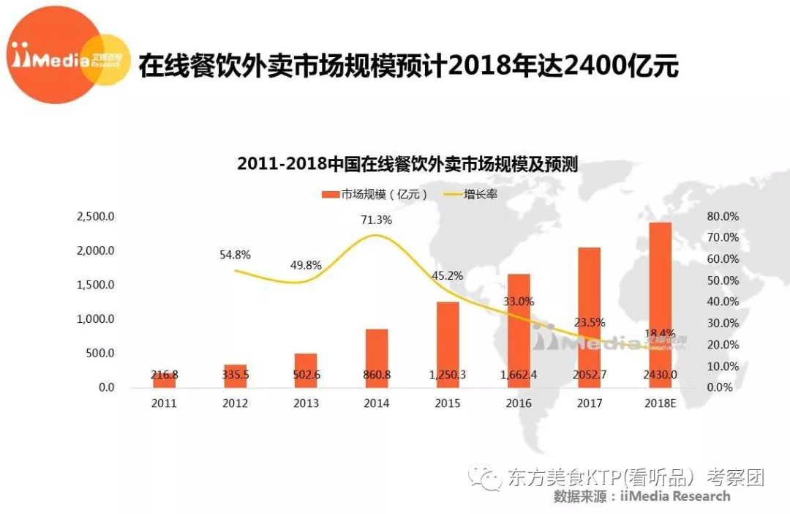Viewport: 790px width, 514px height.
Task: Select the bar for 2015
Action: coord(448,344)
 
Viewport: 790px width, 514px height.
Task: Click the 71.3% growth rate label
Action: coord(377,220)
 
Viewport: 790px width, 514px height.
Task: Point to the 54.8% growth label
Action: coord(235,255)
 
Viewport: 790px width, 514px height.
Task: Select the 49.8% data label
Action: coord(306,265)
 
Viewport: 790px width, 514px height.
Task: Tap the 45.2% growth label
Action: coord(447,276)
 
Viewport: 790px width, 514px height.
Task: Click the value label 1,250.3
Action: coord(448,375)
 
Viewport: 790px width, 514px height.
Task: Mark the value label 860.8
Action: coord(377,375)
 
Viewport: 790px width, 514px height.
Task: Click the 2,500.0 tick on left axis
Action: coord(95,217)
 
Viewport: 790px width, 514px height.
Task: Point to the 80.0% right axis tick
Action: coord(723,217)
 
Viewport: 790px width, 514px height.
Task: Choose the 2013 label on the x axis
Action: coord(306,403)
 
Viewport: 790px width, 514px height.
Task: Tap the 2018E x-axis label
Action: coord(660,403)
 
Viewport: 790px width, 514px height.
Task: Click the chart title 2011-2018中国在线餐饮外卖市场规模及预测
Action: coord(407,164)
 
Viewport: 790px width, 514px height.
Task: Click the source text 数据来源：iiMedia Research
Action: coord(642,496)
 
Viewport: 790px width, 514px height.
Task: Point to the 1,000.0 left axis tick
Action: coord(95,319)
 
